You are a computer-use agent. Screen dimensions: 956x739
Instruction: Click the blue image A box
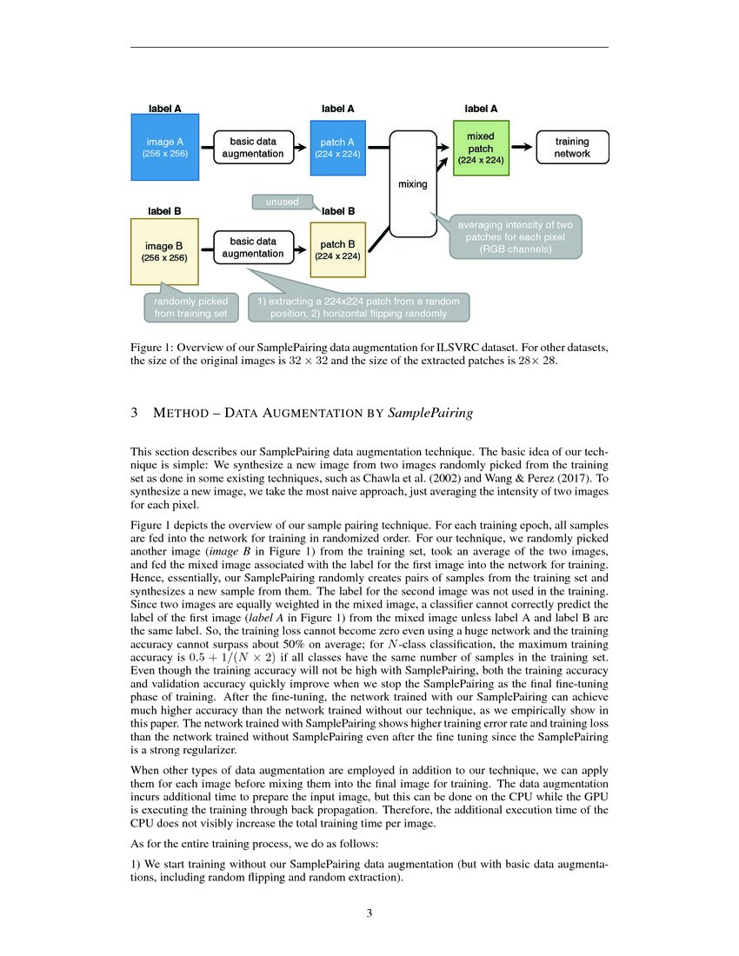(x=165, y=147)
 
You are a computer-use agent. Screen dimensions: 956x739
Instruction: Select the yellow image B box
(x=165, y=251)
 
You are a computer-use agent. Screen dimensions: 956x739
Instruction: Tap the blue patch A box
(x=338, y=147)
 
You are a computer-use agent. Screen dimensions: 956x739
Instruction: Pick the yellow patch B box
(x=338, y=249)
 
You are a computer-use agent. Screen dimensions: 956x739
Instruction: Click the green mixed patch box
(x=480, y=148)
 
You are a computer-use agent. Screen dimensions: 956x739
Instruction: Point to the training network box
(x=572, y=147)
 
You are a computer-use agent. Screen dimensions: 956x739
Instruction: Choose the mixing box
(x=412, y=183)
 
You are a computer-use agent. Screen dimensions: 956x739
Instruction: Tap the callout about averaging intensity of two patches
(x=515, y=237)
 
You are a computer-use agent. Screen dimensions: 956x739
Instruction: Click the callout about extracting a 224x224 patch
(x=359, y=308)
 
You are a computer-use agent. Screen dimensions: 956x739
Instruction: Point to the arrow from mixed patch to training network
(x=522, y=148)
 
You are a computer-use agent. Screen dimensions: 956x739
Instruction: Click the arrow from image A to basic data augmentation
(x=207, y=148)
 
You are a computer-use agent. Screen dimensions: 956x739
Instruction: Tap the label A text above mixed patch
(x=481, y=110)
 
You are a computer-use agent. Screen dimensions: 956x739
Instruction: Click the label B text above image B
(x=164, y=210)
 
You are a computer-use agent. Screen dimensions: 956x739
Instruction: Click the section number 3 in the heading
(x=135, y=414)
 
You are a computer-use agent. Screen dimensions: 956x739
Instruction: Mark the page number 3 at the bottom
(x=369, y=913)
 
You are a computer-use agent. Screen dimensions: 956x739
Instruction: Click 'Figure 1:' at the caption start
(x=151, y=348)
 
